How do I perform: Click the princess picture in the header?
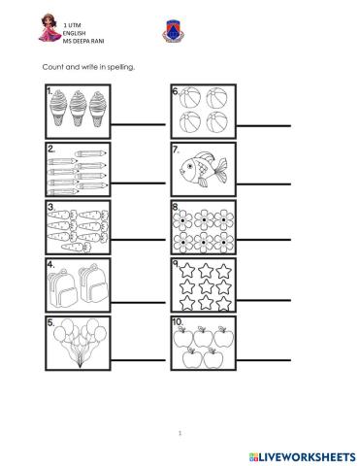(19, 29)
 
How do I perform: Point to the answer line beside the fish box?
(264, 184)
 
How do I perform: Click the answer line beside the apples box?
(264, 357)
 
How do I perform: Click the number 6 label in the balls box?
(176, 93)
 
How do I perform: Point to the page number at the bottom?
(180, 433)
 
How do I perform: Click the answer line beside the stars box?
(264, 300)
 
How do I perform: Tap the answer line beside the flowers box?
(264, 243)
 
